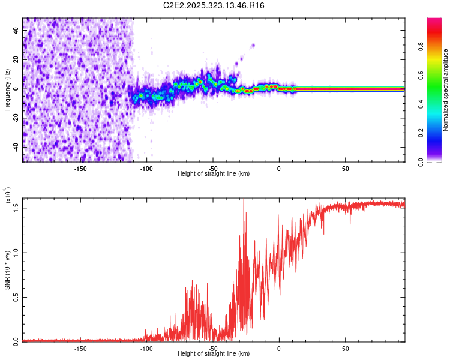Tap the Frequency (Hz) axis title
coord(7,90)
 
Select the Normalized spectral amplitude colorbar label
coord(445,91)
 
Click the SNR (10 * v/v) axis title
coord(7,270)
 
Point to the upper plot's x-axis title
coord(214,173)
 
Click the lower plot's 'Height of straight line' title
coord(214,353)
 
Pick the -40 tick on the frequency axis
coord(16,147)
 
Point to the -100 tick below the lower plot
coord(146,347)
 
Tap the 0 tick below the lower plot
coord(279,347)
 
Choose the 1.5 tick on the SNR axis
coord(16,208)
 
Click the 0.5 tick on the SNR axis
coord(16,296)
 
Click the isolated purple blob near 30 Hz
coord(253,45)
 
